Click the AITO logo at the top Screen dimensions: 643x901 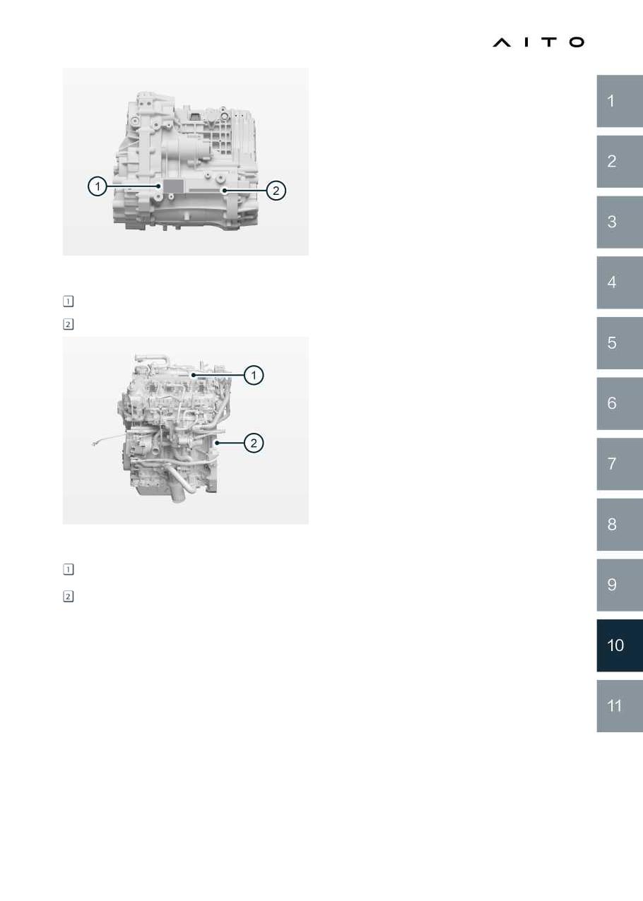point(538,42)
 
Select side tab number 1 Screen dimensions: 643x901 point(620,101)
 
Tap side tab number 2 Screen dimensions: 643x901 point(620,161)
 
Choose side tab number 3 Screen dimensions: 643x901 point(620,222)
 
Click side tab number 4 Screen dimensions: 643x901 point(620,282)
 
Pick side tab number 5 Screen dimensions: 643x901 point(620,343)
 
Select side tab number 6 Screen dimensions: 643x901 point(620,403)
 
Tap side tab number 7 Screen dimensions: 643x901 point(620,464)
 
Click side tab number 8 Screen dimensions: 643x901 point(620,525)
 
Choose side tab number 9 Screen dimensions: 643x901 point(620,585)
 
